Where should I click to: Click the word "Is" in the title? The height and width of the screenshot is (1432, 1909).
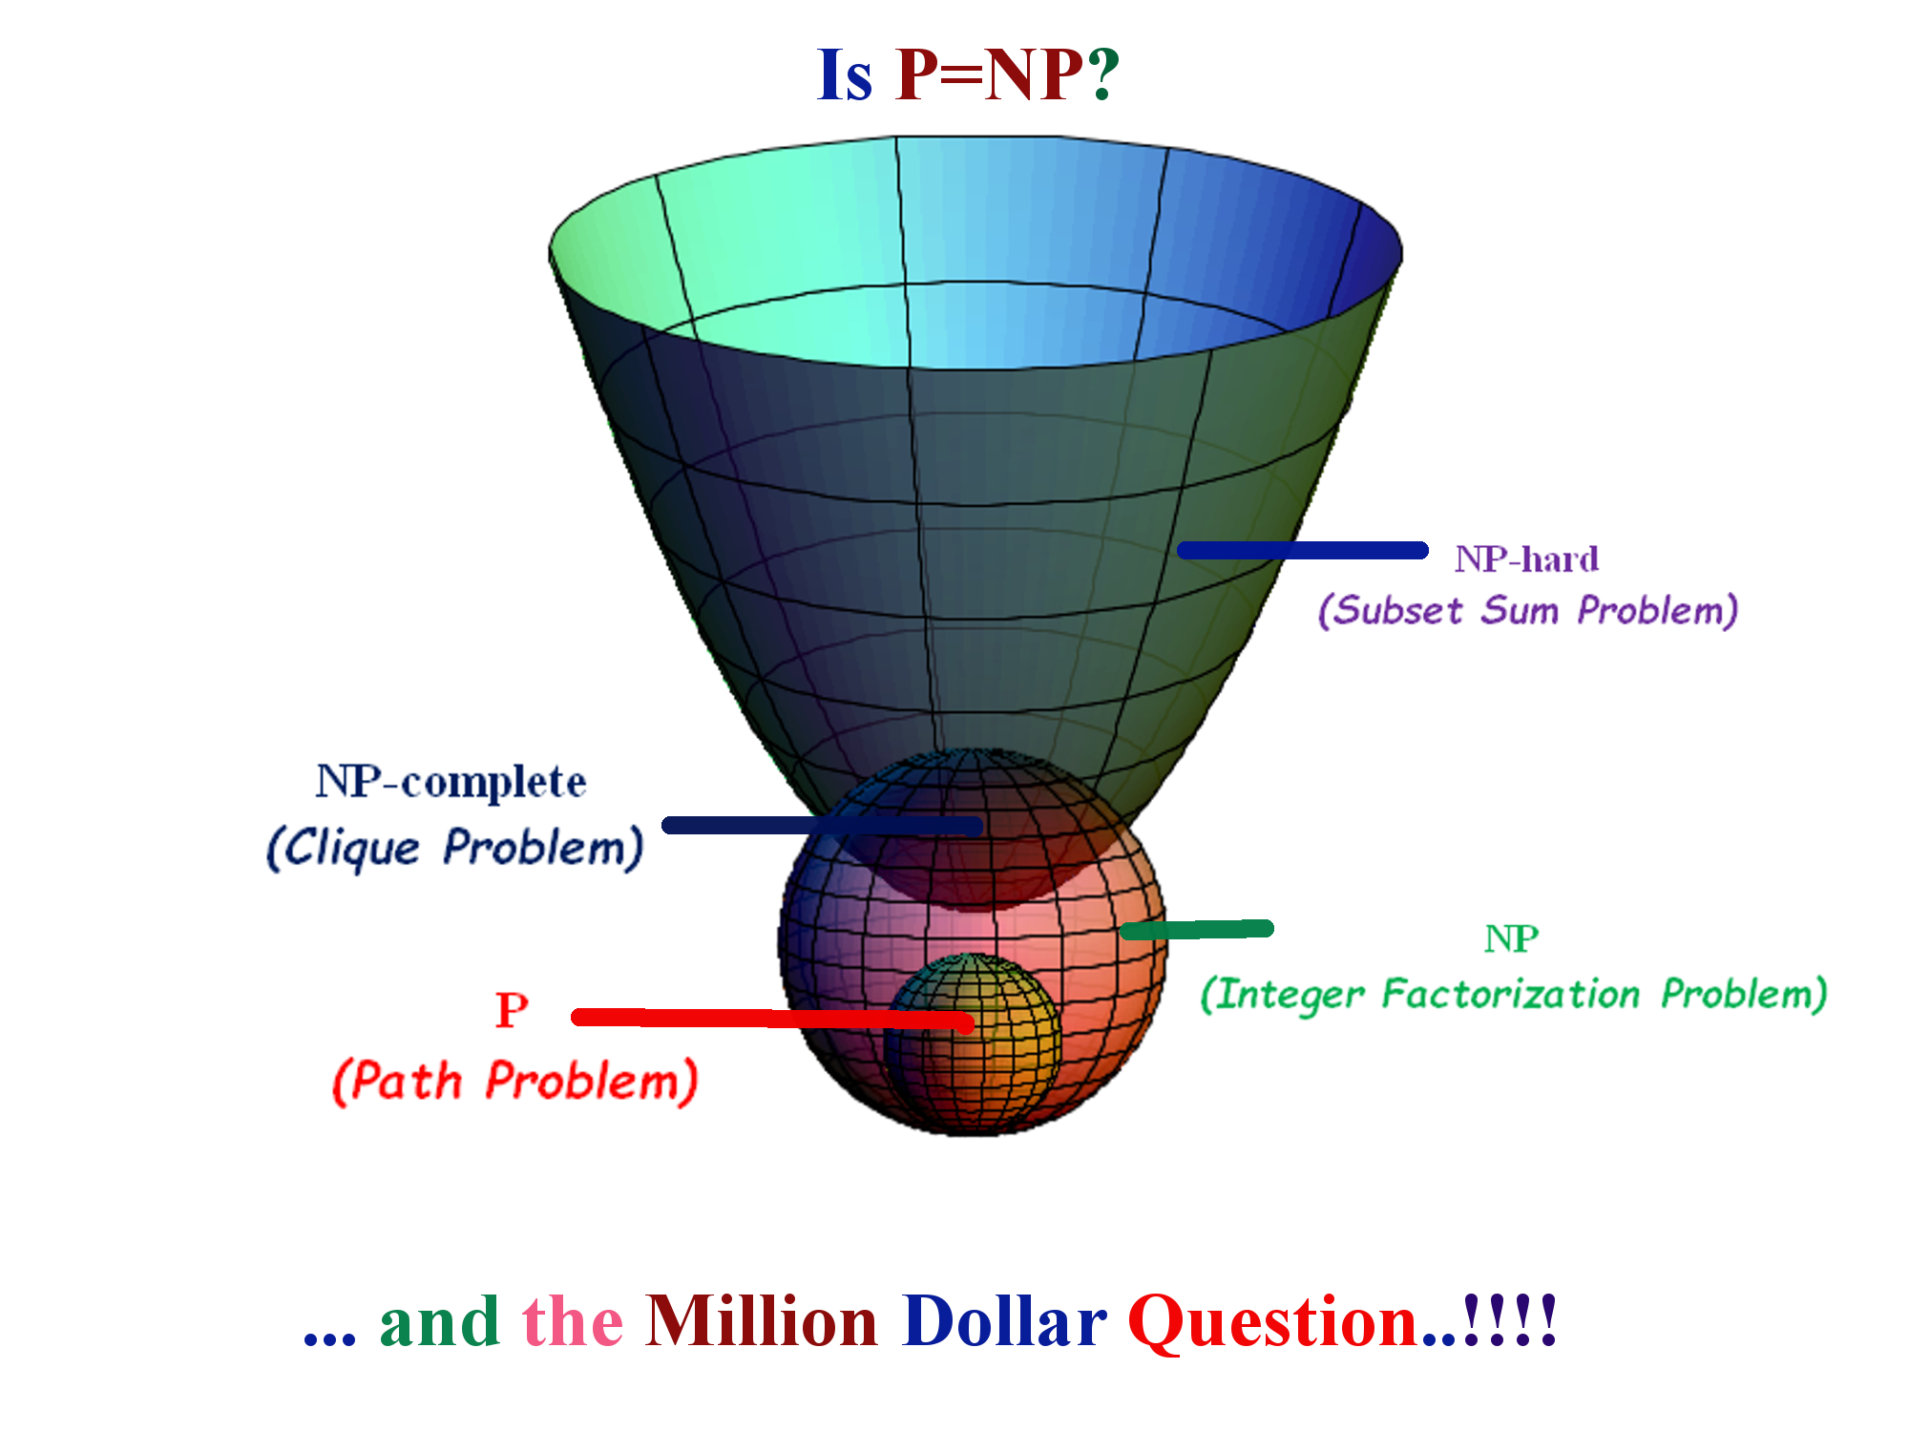[845, 75]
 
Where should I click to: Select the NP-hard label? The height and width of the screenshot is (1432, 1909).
[1526, 559]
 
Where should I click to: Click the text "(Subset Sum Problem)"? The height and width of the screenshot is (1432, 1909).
[1527, 610]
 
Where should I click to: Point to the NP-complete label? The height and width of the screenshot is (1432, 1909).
[451, 784]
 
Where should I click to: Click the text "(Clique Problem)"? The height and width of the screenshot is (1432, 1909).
[454, 848]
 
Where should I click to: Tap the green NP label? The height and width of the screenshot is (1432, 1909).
[1511, 939]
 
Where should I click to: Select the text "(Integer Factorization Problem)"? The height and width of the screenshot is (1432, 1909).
[1514, 995]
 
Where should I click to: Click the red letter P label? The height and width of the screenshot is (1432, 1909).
[512, 1010]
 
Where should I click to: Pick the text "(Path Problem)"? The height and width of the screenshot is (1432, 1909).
[514, 1082]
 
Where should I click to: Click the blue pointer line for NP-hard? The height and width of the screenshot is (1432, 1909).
[1303, 550]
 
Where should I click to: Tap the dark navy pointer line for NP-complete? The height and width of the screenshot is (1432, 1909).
[823, 826]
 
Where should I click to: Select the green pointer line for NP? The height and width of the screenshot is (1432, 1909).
[1197, 930]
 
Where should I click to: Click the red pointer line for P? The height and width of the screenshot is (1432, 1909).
[772, 1020]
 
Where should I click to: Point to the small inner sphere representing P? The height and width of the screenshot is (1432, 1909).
[972, 1041]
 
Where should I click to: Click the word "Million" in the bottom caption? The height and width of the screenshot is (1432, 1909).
[762, 1322]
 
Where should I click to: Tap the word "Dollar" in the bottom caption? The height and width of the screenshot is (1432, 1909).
[1005, 1322]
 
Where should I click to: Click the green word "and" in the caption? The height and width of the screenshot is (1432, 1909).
[440, 1323]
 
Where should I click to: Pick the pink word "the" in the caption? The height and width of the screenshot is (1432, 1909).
[573, 1323]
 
